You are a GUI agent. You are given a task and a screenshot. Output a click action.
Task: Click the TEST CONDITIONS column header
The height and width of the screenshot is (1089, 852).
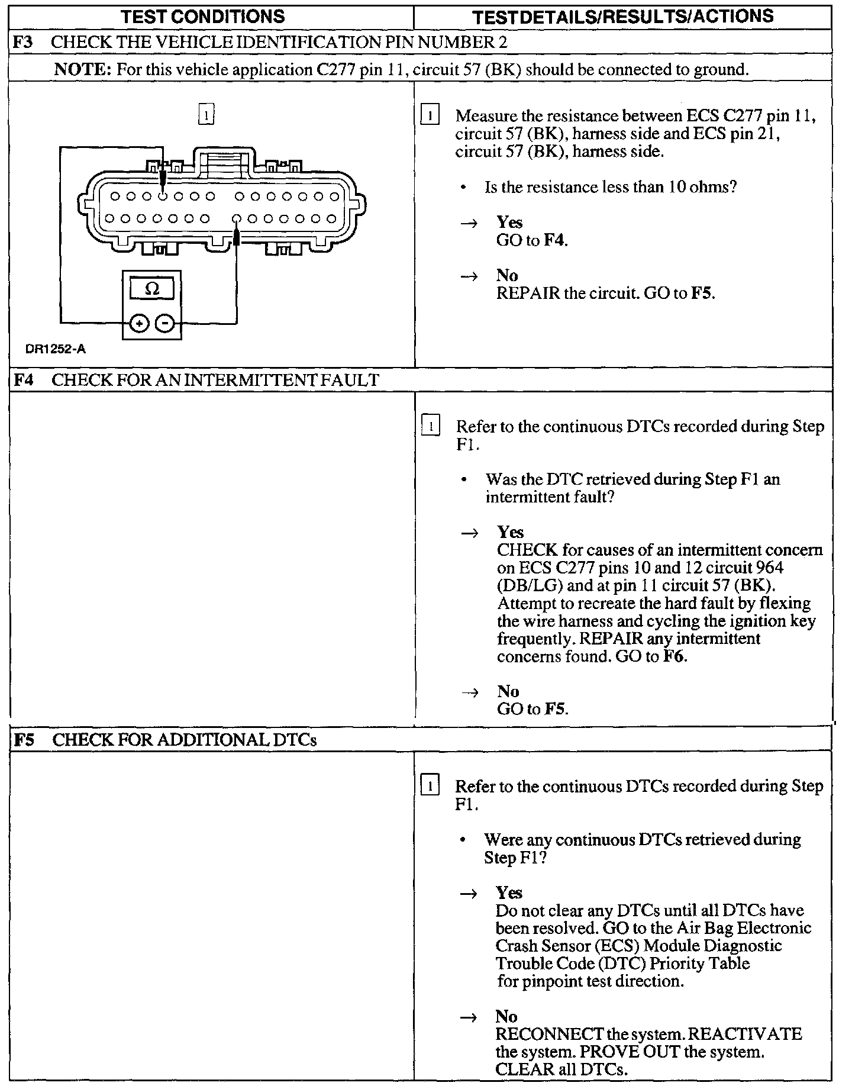(x=203, y=16)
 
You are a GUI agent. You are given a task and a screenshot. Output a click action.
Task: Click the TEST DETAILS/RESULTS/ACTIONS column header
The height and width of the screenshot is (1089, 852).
(x=623, y=17)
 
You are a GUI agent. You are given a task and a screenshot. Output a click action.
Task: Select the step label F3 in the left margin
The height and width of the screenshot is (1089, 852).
(x=22, y=42)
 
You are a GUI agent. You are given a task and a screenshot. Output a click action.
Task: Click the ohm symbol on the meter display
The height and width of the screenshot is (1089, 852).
(x=151, y=289)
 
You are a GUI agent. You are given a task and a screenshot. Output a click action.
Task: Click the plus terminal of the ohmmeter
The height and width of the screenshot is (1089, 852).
(x=139, y=323)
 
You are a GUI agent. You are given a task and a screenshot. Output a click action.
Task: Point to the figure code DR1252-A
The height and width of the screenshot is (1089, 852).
(x=55, y=349)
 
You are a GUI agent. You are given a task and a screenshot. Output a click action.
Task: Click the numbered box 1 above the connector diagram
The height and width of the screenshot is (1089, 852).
(x=206, y=114)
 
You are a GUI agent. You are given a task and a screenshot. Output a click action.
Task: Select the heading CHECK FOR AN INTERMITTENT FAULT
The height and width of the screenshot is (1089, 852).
(x=215, y=380)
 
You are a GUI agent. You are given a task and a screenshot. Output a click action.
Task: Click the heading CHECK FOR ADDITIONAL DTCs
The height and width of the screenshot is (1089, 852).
(x=185, y=740)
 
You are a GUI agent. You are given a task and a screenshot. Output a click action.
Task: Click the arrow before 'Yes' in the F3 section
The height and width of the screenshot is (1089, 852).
(x=469, y=223)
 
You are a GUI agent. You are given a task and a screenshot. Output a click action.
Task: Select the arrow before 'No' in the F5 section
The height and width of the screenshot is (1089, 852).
(x=469, y=1017)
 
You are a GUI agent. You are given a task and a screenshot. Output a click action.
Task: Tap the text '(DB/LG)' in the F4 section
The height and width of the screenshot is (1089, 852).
(x=526, y=585)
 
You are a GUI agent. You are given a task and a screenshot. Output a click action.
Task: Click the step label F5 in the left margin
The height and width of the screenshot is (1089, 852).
(x=23, y=740)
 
